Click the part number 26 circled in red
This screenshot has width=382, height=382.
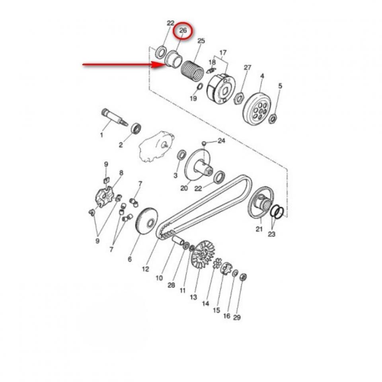[x=183, y=31]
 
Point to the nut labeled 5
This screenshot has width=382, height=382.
[x=273, y=118]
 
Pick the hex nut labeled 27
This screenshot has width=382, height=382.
[x=239, y=96]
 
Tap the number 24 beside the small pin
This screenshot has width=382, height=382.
[x=221, y=141]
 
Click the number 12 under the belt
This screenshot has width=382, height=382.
[x=145, y=269]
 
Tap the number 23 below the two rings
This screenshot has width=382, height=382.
[x=271, y=234]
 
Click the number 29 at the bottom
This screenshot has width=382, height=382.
[x=237, y=317]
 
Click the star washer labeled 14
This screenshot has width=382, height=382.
[x=217, y=264]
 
